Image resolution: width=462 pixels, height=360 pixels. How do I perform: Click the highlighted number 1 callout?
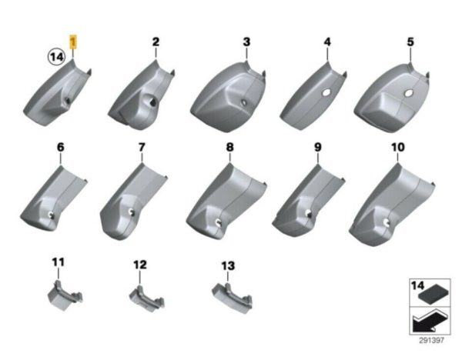click(x=72, y=42)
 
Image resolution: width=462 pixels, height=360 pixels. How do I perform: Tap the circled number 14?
click(x=56, y=56)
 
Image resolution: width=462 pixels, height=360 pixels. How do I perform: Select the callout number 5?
click(x=410, y=42)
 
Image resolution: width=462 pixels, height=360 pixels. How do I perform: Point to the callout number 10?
click(x=398, y=147)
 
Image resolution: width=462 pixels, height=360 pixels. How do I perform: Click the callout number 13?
click(x=228, y=266)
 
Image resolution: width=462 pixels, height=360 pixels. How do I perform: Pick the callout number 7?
click(x=142, y=147)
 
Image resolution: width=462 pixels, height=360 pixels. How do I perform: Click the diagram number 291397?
click(x=431, y=341)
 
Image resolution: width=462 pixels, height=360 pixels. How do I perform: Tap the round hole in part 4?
click(x=326, y=92)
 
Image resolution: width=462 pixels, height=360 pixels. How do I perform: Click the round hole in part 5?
click(x=408, y=94)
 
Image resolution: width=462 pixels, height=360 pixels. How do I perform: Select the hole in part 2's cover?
click(x=152, y=102)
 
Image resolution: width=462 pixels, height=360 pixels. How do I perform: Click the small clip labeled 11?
click(x=65, y=296)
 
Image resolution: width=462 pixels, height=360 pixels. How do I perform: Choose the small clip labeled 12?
click(x=147, y=298)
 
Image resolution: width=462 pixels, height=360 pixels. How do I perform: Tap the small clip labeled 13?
click(x=232, y=298)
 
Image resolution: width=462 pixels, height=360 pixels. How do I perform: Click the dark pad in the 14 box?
click(x=434, y=295)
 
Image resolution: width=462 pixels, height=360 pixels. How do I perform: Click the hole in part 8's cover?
click(x=219, y=222)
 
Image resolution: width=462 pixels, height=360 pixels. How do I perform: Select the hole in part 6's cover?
click(x=51, y=215)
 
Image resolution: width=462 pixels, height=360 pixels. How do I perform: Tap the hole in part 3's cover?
click(x=244, y=103)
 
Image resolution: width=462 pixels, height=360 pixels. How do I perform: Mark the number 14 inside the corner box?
click(x=418, y=285)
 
